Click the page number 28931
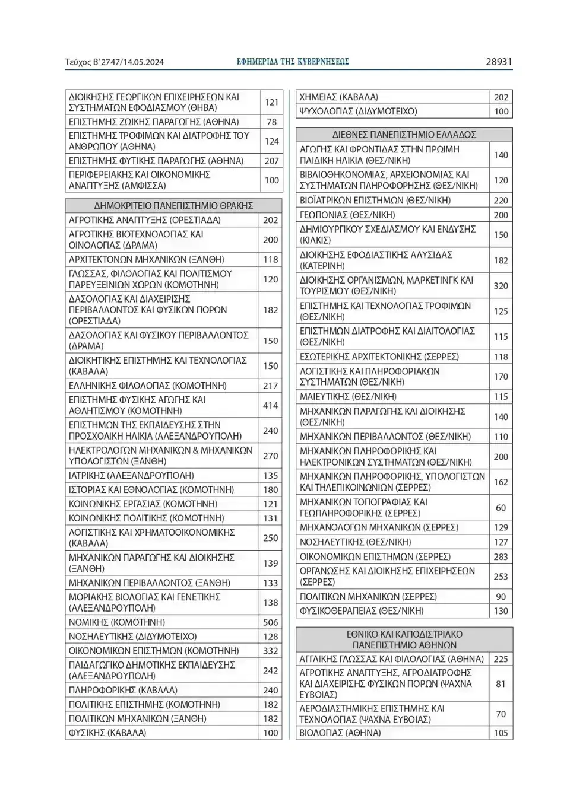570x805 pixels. pyautogui.click(x=498, y=62)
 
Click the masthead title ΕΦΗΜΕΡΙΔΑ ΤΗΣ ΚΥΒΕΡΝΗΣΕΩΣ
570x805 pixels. pyautogui.click(x=293, y=62)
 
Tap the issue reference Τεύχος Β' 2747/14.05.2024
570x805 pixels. pyautogui.click(x=115, y=62)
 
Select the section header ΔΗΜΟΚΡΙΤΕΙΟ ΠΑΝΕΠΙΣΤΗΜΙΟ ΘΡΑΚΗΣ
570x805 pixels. pyautogui.click(x=173, y=206)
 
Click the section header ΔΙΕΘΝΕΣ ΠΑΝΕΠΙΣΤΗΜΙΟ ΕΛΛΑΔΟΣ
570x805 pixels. pyautogui.click(x=404, y=135)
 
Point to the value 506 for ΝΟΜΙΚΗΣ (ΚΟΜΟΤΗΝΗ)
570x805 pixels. pyautogui.click(x=271, y=622)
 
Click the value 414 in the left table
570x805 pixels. pyautogui.click(x=271, y=405)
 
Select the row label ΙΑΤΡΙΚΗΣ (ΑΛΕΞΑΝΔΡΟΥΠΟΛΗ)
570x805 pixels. pyautogui.click(x=131, y=475)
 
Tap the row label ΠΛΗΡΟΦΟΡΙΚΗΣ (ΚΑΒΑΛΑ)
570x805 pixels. pyautogui.click(x=123, y=690)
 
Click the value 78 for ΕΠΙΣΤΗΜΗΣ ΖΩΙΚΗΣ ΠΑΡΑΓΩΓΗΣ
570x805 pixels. pyautogui.click(x=271, y=122)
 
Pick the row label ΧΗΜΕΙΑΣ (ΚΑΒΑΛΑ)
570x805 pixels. pyautogui.click(x=338, y=97)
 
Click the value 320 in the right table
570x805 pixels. pyautogui.click(x=501, y=285)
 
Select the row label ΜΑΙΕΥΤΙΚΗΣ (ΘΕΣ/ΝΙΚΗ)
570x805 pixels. pyautogui.click(x=348, y=396)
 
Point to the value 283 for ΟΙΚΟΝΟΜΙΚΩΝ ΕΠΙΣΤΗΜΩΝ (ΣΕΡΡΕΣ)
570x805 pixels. pyautogui.click(x=501, y=556)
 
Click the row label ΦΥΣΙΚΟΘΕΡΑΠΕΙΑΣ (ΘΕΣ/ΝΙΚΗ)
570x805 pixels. pyautogui.click(x=362, y=610)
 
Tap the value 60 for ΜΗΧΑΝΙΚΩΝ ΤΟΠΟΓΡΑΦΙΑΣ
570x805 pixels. pyautogui.click(x=501, y=508)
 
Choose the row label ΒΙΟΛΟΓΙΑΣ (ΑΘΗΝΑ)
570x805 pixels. pyautogui.click(x=340, y=733)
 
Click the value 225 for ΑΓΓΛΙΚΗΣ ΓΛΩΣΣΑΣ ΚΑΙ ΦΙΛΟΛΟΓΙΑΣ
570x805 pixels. pyautogui.click(x=501, y=658)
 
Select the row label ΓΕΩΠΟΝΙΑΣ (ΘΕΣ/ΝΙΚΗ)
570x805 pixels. pyautogui.click(x=347, y=215)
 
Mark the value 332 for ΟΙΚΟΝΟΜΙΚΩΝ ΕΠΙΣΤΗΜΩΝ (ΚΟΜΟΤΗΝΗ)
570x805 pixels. pyautogui.click(x=271, y=651)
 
